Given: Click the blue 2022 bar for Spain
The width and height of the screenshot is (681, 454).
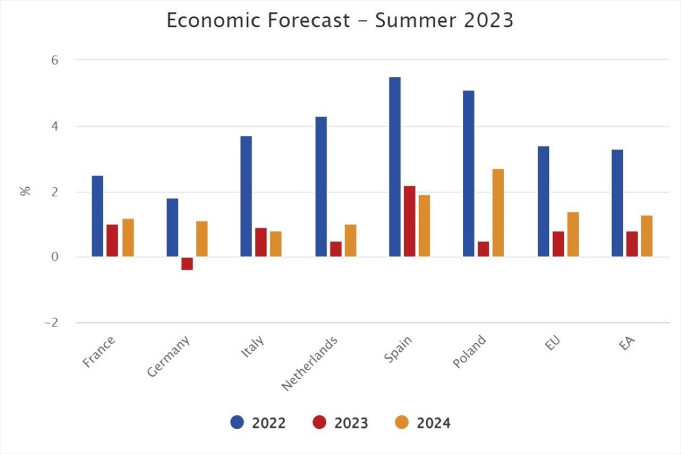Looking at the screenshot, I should (395, 167).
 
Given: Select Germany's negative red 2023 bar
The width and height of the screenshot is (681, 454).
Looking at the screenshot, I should (187, 263).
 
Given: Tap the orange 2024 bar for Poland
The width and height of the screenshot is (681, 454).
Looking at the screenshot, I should (498, 212).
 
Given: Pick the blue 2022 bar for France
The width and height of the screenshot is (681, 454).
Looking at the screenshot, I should (97, 216).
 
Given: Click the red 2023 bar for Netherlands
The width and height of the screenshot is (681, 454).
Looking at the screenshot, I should (336, 249).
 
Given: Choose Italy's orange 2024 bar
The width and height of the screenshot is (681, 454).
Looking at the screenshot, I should (276, 244).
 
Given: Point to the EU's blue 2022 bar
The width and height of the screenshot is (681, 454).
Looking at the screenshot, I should (543, 201).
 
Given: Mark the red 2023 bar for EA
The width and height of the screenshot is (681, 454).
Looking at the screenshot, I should (632, 244).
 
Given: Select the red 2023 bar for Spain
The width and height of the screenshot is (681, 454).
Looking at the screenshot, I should (410, 221).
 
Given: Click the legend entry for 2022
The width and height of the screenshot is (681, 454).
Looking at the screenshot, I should (258, 423).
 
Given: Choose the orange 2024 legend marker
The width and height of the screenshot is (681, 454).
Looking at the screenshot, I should (408, 423).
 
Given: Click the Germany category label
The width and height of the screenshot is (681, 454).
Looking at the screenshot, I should (169, 356).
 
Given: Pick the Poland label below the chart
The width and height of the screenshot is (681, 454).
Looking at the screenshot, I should (470, 352).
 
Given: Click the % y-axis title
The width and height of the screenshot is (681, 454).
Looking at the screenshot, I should (25, 191).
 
